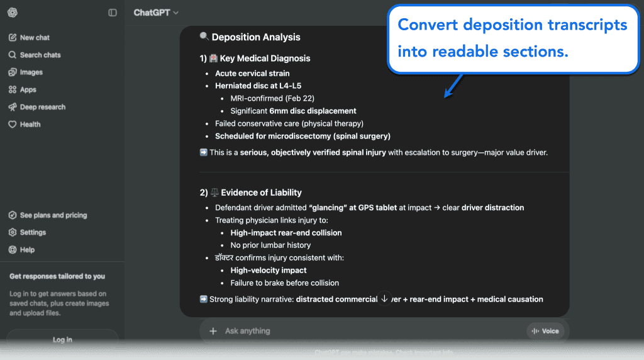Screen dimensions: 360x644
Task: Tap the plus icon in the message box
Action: (x=213, y=331)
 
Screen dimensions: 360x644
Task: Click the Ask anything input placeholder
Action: (x=248, y=331)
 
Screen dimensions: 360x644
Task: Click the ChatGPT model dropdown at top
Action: (x=156, y=13)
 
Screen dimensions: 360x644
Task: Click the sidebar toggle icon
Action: (x=113, y=13)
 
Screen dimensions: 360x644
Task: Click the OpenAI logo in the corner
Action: (x=13, y=13)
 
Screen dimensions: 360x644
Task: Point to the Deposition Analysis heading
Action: (x=255, y=37)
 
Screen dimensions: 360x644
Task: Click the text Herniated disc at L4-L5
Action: (x=253, y=86)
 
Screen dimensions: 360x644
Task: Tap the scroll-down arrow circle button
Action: (x=384, y=298)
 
